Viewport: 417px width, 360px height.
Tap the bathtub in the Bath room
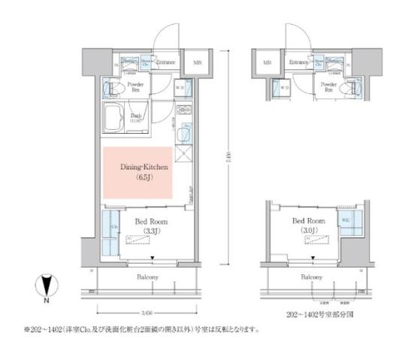(x=116, y=117)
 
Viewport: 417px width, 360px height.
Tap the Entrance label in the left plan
(x=165, y=62)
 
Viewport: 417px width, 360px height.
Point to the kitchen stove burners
(x=184, y=113)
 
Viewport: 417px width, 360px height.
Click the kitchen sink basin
(x=185, y=135)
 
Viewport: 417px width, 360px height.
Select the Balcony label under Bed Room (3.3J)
(x=147, y=277)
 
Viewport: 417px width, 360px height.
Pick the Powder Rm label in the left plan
(x=137, y=87)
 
